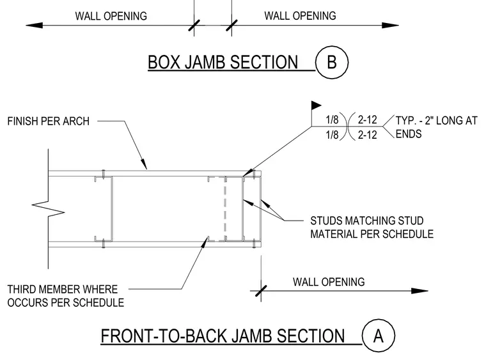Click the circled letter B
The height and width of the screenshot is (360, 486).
332,62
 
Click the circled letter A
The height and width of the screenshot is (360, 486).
379,336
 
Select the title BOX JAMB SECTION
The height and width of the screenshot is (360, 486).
223,62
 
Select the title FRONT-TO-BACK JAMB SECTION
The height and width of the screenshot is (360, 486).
223,336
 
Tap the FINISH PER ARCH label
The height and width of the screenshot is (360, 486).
49,121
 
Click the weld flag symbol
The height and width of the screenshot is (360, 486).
316,106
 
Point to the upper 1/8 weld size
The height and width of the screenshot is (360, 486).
332,120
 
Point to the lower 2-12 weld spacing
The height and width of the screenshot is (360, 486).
367,135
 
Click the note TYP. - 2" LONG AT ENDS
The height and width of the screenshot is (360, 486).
436,127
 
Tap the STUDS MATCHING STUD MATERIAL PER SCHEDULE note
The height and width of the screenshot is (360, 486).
372,227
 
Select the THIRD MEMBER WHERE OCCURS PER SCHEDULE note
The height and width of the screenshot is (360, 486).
66,296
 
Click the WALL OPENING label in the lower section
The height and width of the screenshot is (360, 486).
329,282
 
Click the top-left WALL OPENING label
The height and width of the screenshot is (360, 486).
111,16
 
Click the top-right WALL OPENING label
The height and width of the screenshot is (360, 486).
300,16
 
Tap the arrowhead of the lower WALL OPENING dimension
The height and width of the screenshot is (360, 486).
419,291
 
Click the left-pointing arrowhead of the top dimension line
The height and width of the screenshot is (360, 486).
34,26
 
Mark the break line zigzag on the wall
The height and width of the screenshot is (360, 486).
49,208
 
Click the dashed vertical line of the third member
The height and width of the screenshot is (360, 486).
225,209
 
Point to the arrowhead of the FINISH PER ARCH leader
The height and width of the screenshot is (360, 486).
144,164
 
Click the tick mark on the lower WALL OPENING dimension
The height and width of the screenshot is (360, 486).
261,291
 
